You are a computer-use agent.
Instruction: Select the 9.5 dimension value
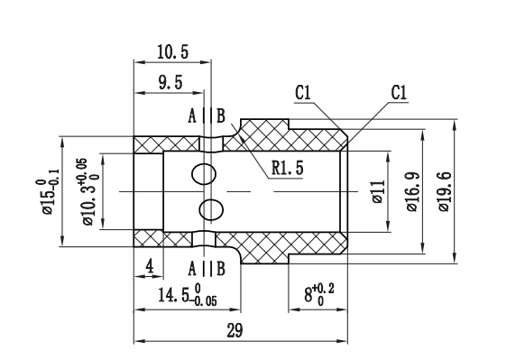click(169, 82)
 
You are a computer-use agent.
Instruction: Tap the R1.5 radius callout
click(286, 166)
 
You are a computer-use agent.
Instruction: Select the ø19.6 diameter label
click(443, 192)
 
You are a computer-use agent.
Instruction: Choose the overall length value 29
click(235, 331)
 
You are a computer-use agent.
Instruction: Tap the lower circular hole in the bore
click(210, 209)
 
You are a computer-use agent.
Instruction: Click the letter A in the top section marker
click(192, 116)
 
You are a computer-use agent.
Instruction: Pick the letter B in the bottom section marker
click(221, 268)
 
